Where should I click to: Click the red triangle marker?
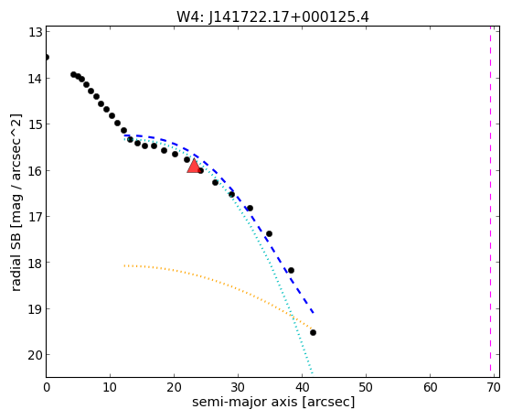coord(194,166)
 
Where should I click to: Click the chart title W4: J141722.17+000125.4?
coord(272,17)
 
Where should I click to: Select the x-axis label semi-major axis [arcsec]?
coord(273,402)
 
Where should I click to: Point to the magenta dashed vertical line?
coord(490,199)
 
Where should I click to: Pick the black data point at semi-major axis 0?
coord(47,58)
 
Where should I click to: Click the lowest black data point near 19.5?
coord(313,332)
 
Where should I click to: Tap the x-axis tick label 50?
coord(366,388)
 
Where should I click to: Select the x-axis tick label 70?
coord(494,388)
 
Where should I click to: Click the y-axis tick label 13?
coord(36,33)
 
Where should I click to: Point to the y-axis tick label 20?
coord(35,355)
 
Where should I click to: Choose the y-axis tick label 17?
coord(36,217)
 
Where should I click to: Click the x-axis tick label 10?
coord(110,388)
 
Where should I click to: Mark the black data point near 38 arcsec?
coord(291,270)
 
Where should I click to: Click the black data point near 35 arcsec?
coord(269,233)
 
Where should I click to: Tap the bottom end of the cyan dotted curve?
coord(312,372)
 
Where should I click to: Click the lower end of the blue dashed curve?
coord(313,313)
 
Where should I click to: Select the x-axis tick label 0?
coord(47,388)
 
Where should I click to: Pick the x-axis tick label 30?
coord(238,388)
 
